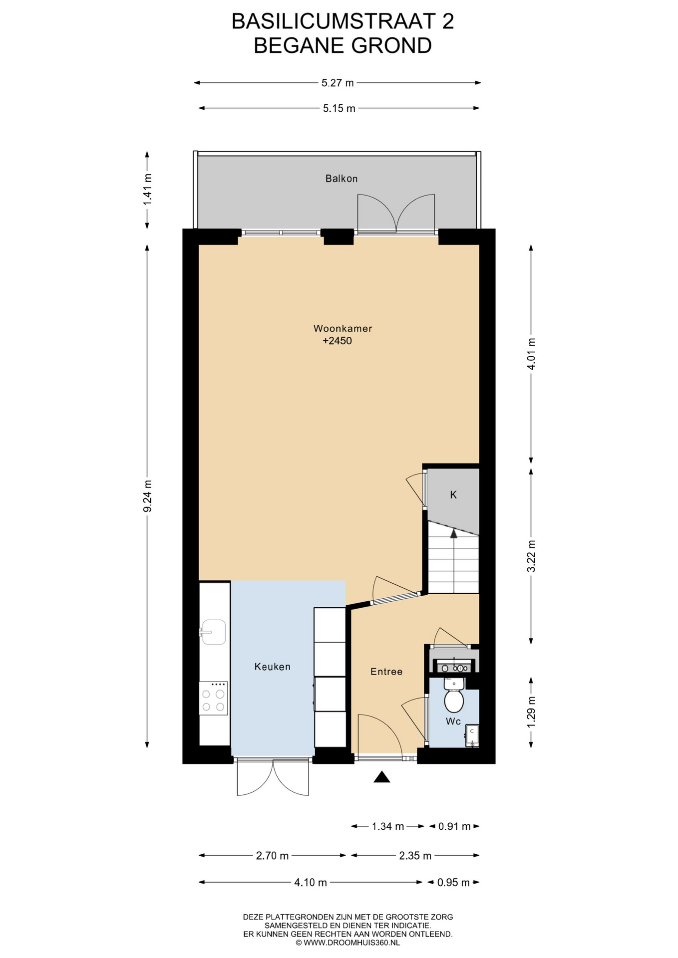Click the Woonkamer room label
342,328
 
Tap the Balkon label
341,178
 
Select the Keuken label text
272,666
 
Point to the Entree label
386,672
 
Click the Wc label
453,721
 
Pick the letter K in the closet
453,494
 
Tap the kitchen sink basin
214,632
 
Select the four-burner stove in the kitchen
213,698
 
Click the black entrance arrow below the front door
382,777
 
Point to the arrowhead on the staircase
454,533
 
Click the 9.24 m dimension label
147,496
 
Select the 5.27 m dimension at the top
338,83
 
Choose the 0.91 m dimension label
454,826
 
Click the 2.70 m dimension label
272,855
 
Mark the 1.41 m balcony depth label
147,189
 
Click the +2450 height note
337,341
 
